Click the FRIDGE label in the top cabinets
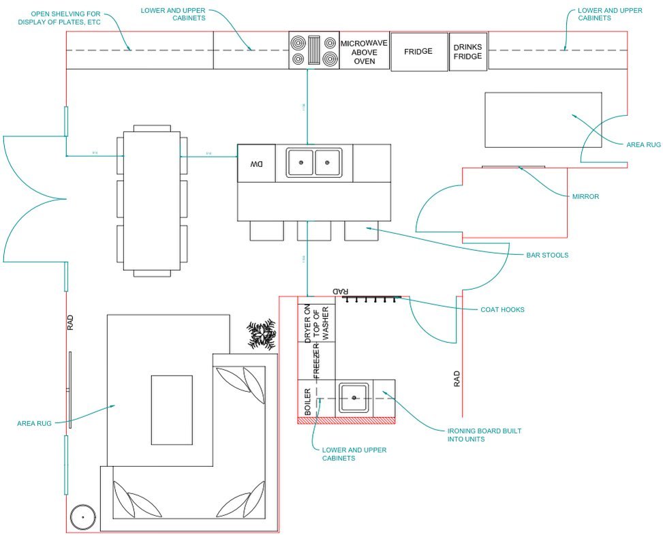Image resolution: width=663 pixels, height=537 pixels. [418, 51]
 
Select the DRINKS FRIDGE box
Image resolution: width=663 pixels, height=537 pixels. [468, 51]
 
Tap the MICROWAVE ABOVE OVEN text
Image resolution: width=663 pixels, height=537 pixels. [364, 51]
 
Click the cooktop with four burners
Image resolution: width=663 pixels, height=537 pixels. [314, 50]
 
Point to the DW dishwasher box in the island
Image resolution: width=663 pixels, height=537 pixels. [256, 164]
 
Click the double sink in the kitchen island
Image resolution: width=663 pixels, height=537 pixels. [314, 164]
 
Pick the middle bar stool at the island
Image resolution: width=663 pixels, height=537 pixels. [313, 230]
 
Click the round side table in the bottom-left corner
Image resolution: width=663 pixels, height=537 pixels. [83, 518]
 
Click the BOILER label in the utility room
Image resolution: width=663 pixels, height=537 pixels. [308, 402]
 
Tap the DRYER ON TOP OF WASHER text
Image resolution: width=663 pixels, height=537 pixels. [317, 322]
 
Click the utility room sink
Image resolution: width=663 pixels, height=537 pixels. [354, 397]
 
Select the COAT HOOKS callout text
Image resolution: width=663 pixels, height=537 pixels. [502, 309]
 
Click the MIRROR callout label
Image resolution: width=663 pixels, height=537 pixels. [585, 196]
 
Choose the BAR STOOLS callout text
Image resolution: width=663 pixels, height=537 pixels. [546, 255]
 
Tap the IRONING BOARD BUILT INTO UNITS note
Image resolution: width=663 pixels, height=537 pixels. [484, 435]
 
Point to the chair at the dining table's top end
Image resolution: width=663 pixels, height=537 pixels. [152, 127]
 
